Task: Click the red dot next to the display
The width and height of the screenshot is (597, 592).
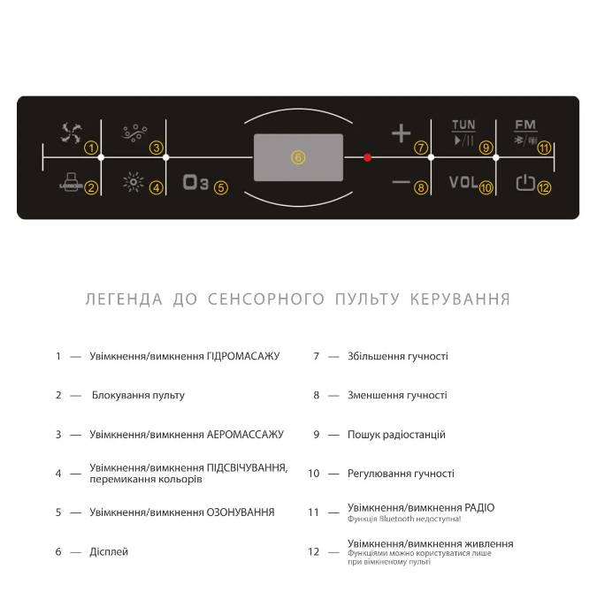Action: (x=368, y=157)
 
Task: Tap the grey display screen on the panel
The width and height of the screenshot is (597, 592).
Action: (x=298, y=156)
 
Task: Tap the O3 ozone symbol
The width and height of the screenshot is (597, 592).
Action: (x=195, y=184)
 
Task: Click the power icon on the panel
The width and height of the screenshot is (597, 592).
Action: (x=525, y=184)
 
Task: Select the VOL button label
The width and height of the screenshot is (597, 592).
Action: (x=463, y=183)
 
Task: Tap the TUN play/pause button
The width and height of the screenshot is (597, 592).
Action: (x=463, y=133)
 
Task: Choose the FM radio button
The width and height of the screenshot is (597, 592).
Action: (x=525, y=133)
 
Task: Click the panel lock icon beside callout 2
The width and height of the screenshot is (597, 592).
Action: (x=69, y=184)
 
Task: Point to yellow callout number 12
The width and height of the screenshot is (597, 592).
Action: (x=544, y=187)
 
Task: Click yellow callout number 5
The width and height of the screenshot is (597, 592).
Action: (x=220, y=187)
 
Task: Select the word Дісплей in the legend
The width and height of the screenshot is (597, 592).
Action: (x=109, y=551)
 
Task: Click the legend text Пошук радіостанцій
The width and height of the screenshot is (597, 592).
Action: (x=396, y=435)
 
